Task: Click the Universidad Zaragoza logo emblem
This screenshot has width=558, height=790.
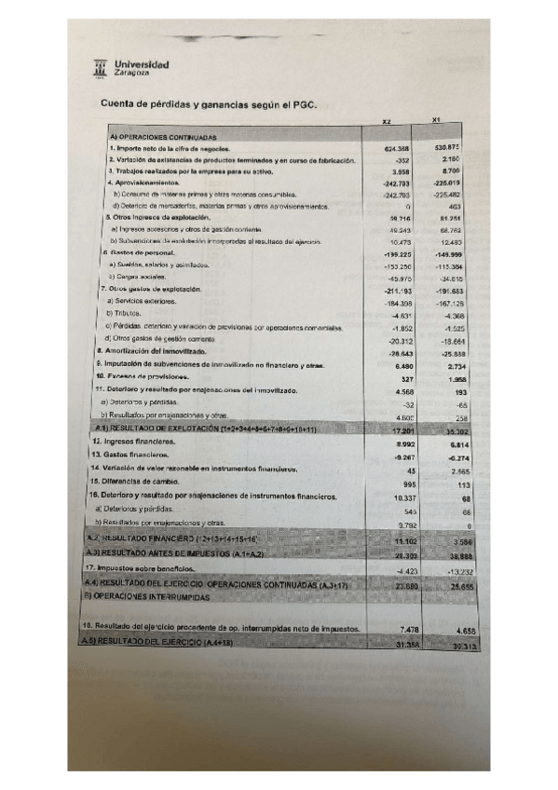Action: pos(101,67)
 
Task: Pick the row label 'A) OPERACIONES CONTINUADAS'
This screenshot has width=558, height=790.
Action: pos(163,138)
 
